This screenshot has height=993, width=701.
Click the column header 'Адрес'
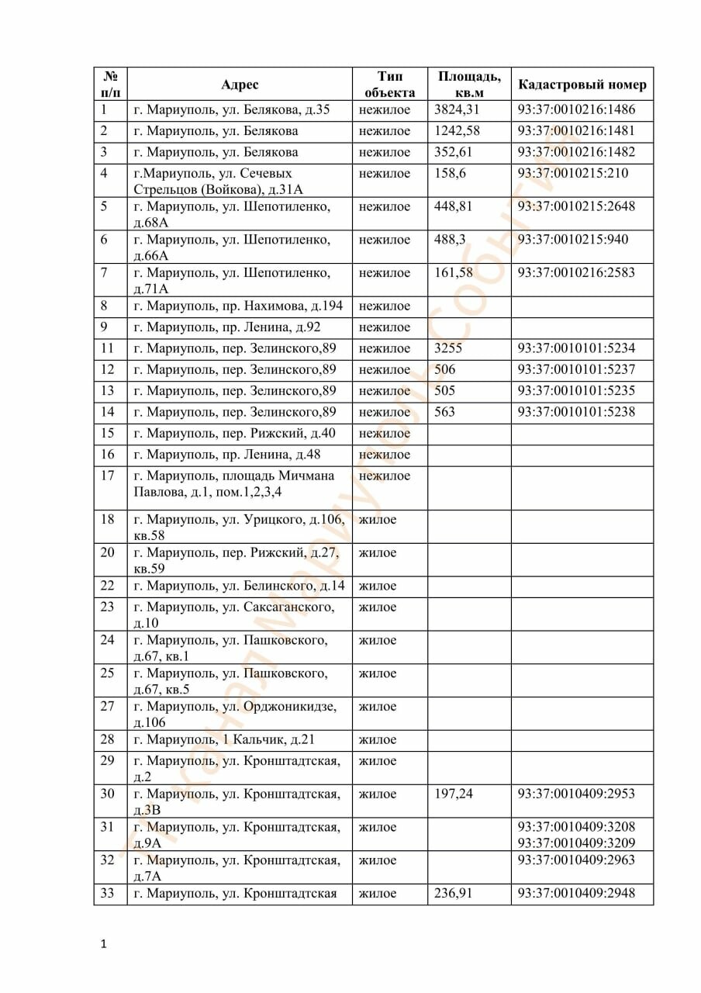240,85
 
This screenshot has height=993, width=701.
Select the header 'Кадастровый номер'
582,85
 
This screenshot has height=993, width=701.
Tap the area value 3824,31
458,110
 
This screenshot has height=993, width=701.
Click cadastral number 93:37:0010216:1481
576,131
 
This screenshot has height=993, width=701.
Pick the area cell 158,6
451,173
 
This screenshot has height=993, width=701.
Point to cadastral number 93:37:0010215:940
573,239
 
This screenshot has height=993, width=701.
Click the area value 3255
448,348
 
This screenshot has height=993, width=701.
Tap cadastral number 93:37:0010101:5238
576,412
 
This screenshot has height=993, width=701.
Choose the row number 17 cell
108,476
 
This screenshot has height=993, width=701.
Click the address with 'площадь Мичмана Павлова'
234,484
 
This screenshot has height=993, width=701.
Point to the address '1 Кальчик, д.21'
224,739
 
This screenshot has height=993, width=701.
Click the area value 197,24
454,794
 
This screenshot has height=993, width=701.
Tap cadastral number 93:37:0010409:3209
576,842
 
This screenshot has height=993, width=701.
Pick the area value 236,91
454,893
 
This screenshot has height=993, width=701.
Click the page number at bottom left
103,944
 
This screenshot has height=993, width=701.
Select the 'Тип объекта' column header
390,85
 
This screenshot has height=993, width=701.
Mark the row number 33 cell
108,893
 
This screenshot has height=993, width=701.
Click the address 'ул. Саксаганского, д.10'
234,614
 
